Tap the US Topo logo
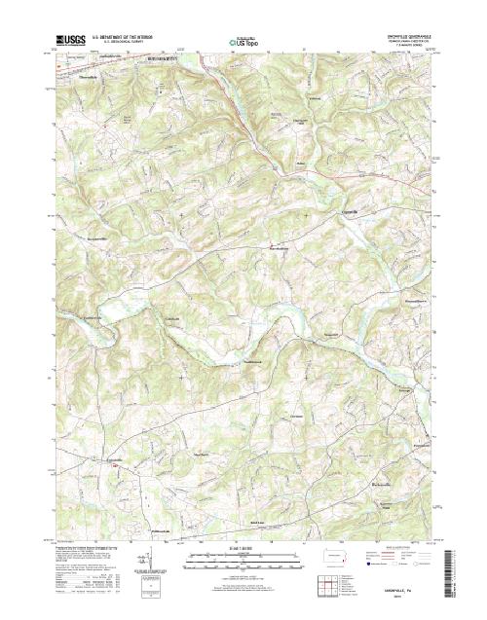[x=243, y=42]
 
